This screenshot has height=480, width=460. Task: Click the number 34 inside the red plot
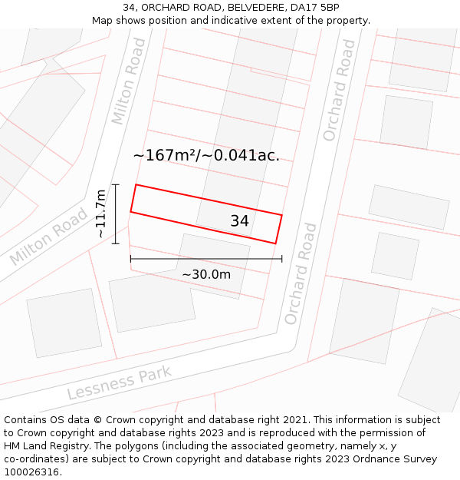239,221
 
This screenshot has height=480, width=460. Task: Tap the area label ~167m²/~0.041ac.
206,155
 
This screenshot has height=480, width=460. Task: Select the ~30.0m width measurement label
206,274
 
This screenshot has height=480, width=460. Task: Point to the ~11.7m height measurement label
100,214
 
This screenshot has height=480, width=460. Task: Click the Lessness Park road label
119,384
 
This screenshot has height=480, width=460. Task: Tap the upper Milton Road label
128,91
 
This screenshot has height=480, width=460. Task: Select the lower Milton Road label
49,236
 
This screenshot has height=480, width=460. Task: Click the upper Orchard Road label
339,90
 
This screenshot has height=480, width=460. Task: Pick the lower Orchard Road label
300,273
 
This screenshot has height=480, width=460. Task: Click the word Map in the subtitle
103,21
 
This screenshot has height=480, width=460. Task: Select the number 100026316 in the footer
31,472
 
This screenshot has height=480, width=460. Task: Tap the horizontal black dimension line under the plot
206,259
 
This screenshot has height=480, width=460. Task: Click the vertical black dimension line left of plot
116,214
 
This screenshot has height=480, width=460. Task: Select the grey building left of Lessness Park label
63,323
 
